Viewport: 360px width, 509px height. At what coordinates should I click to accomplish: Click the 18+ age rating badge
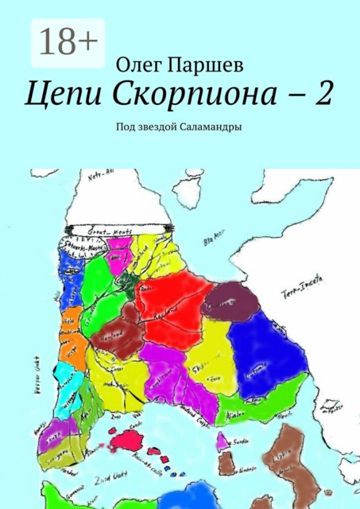[67, 42]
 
